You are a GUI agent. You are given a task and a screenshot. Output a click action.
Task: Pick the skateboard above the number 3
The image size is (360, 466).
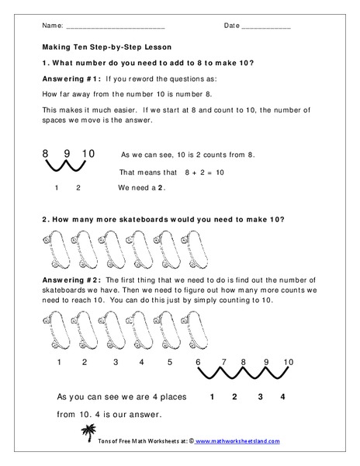pos(115,332)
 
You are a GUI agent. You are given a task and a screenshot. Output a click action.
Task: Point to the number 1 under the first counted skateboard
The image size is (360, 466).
pos(58,362)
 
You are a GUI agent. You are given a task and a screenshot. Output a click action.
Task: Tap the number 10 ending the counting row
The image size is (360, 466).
pos(289,362)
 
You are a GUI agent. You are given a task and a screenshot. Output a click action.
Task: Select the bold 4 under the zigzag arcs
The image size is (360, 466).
pos(282,397)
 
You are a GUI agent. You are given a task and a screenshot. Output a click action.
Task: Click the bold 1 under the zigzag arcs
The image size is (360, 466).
pos(211,397)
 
